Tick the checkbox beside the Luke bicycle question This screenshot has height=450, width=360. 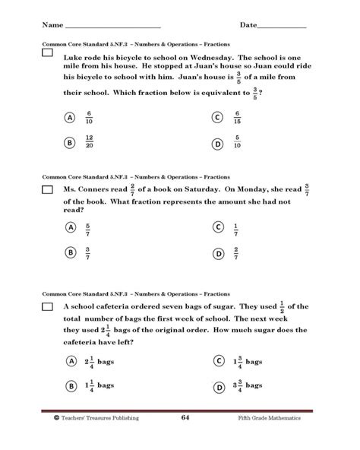tap(47, 55)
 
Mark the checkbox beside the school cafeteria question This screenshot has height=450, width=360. tap(47, 306)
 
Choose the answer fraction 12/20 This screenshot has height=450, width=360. tap(90, 142)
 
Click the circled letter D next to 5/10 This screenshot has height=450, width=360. tap(217, 142)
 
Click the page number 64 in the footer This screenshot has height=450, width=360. tap(185, 418)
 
